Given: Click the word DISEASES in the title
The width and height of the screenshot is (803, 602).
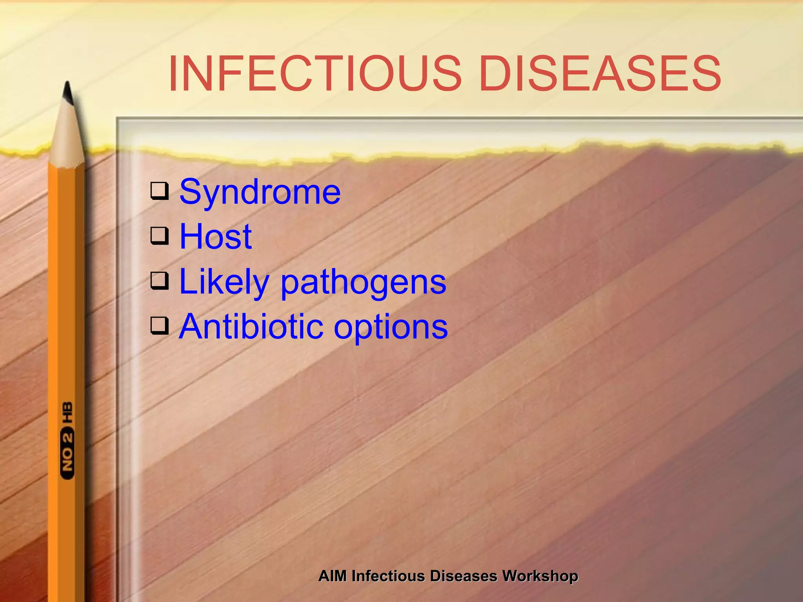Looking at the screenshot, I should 600,74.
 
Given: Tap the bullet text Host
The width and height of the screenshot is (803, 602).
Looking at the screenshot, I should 216,237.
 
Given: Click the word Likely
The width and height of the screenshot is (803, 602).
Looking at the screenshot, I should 224,282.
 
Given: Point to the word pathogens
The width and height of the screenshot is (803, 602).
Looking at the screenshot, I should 363,283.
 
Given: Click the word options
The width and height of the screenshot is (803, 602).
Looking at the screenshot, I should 391,328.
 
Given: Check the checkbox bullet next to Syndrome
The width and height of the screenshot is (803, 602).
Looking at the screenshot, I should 160,191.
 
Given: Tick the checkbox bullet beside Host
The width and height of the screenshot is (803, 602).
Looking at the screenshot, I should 160,236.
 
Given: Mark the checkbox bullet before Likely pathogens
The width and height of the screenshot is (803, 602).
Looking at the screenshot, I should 160,281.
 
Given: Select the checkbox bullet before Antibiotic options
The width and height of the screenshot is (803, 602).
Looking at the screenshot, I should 160,325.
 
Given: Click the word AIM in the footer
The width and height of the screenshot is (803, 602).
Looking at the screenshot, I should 332,576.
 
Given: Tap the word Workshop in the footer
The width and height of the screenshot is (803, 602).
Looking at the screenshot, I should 540,576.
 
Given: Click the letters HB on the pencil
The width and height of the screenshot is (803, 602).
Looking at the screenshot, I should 67,412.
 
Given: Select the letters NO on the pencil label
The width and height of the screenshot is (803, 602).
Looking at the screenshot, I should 67,459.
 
